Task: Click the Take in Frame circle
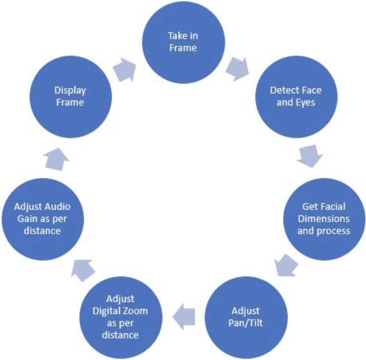pyautogui.click(x=183, y=42)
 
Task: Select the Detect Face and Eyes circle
pyautogui.click(x=296, y=97)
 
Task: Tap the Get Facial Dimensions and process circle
pyautogui.click(x=324, y=219)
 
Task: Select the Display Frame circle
pyautogui.click(x=70, y=97)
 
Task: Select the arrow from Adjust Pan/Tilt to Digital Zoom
pyautogui.click(x=184, y=316)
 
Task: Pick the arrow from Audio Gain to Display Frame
pyautogui.click(x=57, y=158)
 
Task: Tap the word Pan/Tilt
pyautogui.click(x=246, y=323)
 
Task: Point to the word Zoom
pyautogui.click(x=136, y=311)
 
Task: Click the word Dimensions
pyautogui.click(x=324, y=219)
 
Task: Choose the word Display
pyautogui.click(x=70, y=90)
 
